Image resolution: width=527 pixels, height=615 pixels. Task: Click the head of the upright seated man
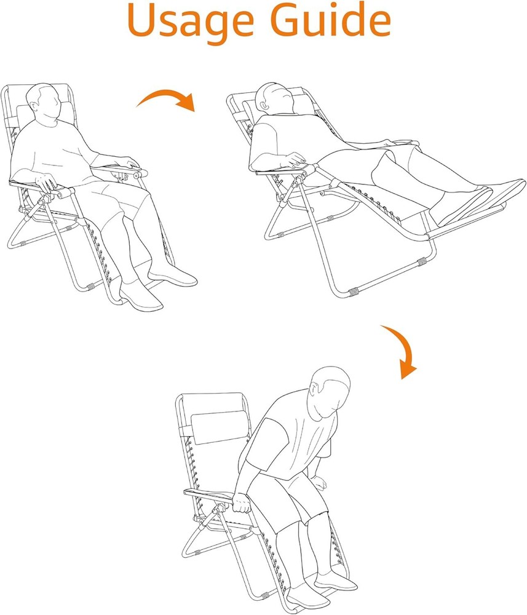[44, 105]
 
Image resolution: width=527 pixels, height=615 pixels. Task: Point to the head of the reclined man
[274, 98]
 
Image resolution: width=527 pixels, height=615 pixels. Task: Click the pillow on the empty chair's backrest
[220, 427]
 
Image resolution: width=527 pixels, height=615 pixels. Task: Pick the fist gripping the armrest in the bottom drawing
[242, 504]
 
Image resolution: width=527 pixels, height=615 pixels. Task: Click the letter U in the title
[142, 20]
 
